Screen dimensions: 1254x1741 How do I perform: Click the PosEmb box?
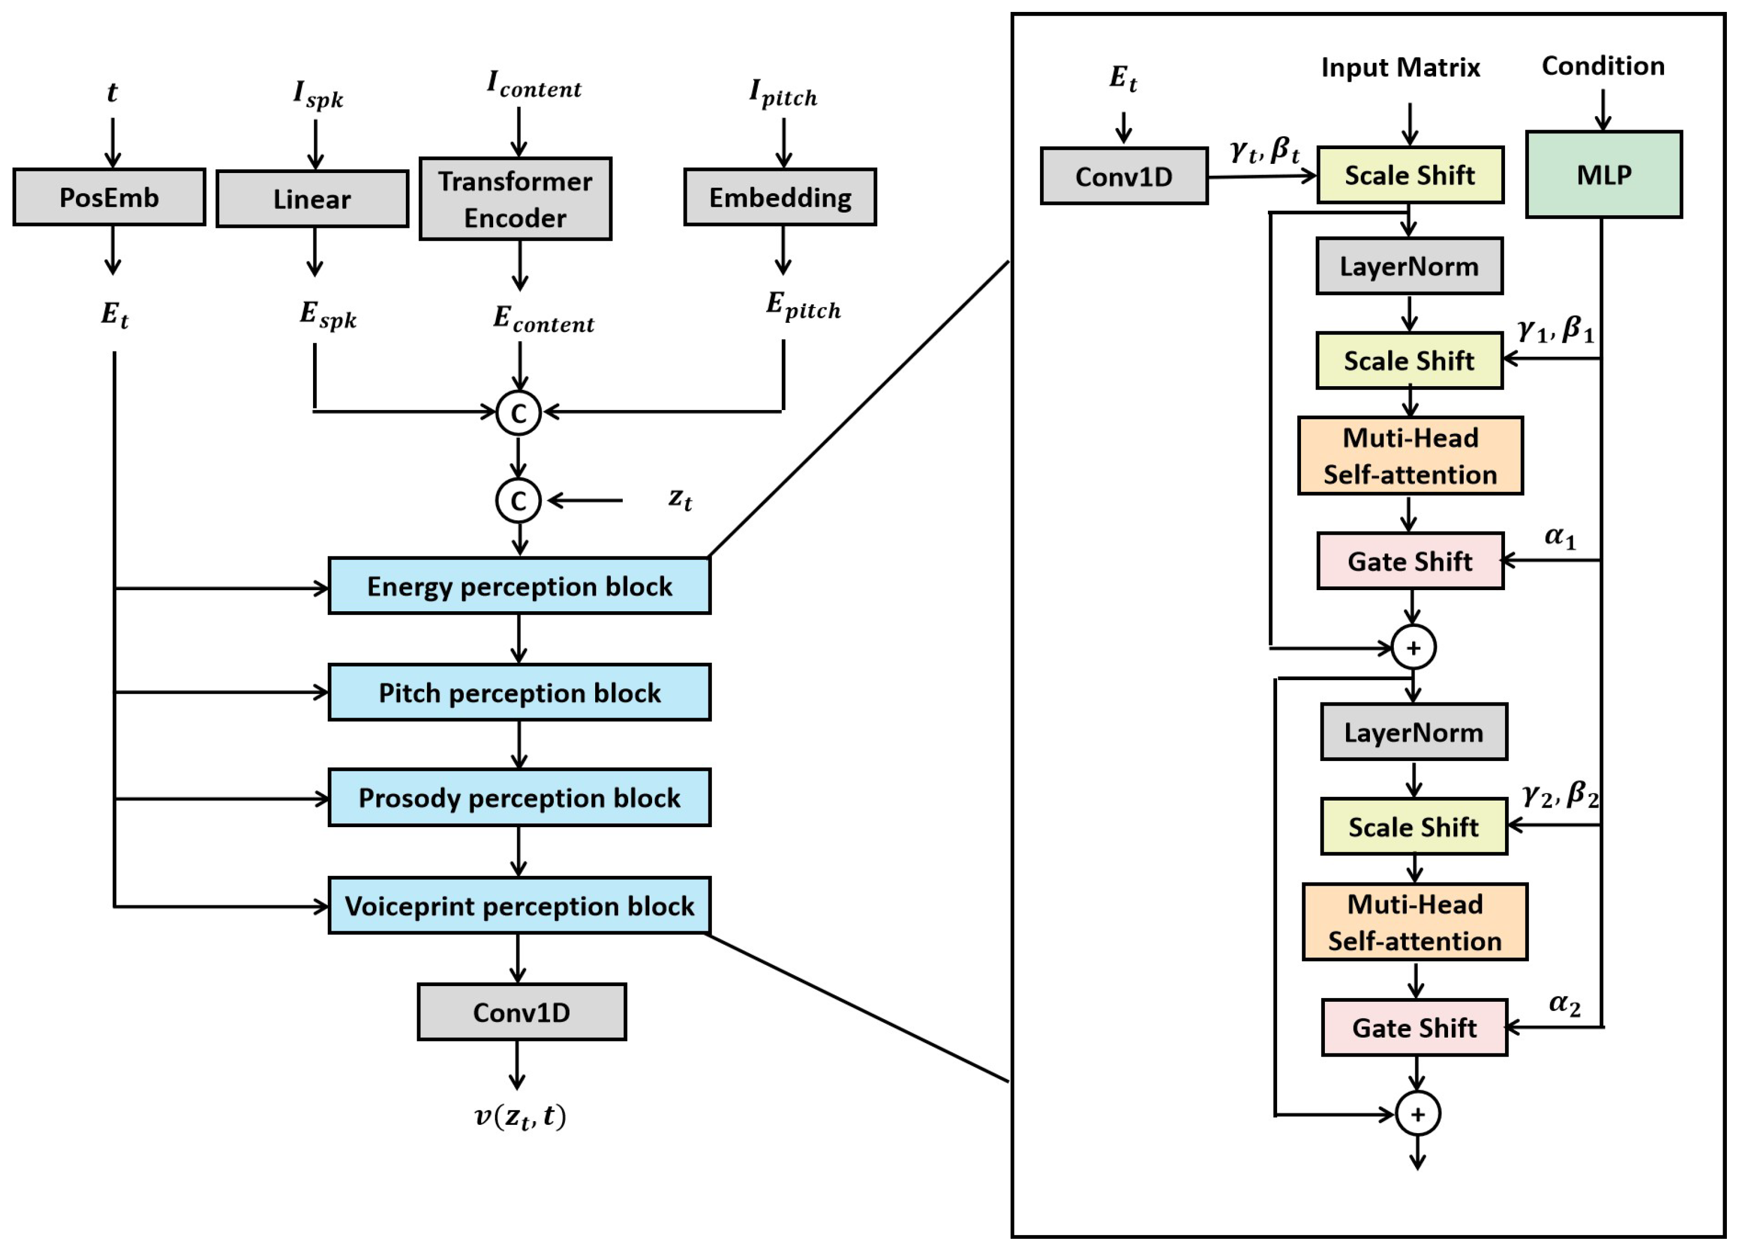(109, 197)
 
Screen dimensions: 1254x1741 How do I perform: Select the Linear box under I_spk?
(311, 199)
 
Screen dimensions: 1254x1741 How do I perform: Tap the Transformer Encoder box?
(515, 199)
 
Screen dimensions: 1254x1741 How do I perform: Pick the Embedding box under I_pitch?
(780, 197)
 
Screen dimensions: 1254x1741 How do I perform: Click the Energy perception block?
(519, 586)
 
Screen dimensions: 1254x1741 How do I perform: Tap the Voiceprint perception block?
(519, 906)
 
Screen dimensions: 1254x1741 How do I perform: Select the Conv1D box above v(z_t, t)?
(521, 1012)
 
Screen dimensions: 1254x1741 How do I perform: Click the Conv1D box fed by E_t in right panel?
(1124, 176)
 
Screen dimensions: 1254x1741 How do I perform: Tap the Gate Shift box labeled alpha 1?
(1410, 561)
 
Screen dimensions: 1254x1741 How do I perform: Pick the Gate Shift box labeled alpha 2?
(1414, 1028)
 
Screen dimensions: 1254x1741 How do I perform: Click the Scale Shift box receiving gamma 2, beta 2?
(1413, 827)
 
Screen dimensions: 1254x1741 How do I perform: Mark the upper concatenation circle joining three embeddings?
(518, 413)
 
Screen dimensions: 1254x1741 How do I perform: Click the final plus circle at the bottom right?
(1417, 1114)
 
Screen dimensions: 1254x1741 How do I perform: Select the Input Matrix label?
(1400, 68)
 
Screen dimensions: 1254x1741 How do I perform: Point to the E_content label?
(543, 318)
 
